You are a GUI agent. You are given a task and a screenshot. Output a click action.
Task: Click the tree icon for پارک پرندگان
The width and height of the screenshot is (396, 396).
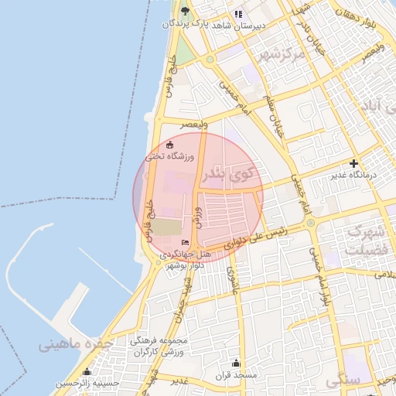point(185,11)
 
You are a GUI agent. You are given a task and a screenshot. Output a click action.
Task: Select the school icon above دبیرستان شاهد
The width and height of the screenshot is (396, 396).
point(239,13)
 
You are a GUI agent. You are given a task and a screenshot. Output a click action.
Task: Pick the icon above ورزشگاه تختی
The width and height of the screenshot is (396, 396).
point(170,145)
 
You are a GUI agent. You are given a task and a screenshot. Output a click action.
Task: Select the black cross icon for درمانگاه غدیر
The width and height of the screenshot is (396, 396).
point(353,163)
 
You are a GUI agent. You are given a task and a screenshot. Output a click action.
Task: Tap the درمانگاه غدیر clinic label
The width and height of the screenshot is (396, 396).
point(353,176)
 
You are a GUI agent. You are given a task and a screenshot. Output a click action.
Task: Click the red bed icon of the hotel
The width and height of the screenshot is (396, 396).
point(184,242)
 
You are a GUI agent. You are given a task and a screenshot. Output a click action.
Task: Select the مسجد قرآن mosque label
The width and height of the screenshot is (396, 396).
point(237,375)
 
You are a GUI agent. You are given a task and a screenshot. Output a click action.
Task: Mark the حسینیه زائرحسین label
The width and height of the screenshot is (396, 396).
point(87,383)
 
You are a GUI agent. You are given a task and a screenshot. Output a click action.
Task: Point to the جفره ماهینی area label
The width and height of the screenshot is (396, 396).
point(75,344)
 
